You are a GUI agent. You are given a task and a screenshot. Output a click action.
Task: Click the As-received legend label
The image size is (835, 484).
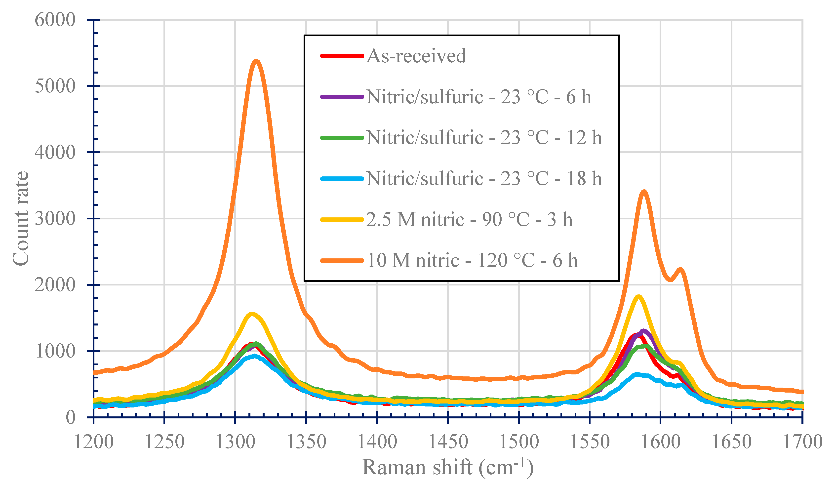416,56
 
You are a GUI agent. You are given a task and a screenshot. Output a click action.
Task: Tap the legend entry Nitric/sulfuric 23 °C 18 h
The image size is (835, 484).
484,179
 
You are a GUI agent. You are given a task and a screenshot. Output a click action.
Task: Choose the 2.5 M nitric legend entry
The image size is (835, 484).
469,219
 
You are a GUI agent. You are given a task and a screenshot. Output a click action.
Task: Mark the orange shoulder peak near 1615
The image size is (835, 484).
680,269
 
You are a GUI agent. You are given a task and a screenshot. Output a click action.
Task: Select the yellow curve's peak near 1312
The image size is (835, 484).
252,314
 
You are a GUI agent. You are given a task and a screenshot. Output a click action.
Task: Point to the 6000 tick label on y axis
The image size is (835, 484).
55,20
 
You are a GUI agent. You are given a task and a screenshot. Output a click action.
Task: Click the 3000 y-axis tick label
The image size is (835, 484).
55,219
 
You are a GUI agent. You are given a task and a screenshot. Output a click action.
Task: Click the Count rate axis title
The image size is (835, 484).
21,219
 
